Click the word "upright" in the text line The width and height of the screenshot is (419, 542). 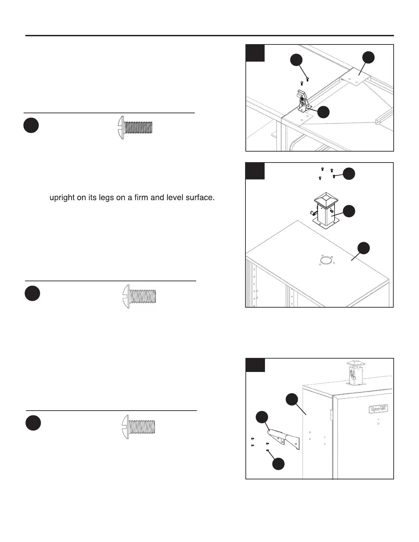pos(63,198)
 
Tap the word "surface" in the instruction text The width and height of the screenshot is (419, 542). pos(200,197)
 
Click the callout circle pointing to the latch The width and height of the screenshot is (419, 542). pos(323,112)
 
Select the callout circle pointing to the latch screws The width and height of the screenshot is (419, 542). pos(296,60)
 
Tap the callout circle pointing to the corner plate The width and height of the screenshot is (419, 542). pos(368,57)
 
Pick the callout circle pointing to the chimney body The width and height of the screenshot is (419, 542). pos(349,211)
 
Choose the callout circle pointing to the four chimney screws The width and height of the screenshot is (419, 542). pos(349,173)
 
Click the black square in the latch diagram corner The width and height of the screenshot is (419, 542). pos(255,53)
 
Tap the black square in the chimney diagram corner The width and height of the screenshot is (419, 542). pos(255,171)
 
